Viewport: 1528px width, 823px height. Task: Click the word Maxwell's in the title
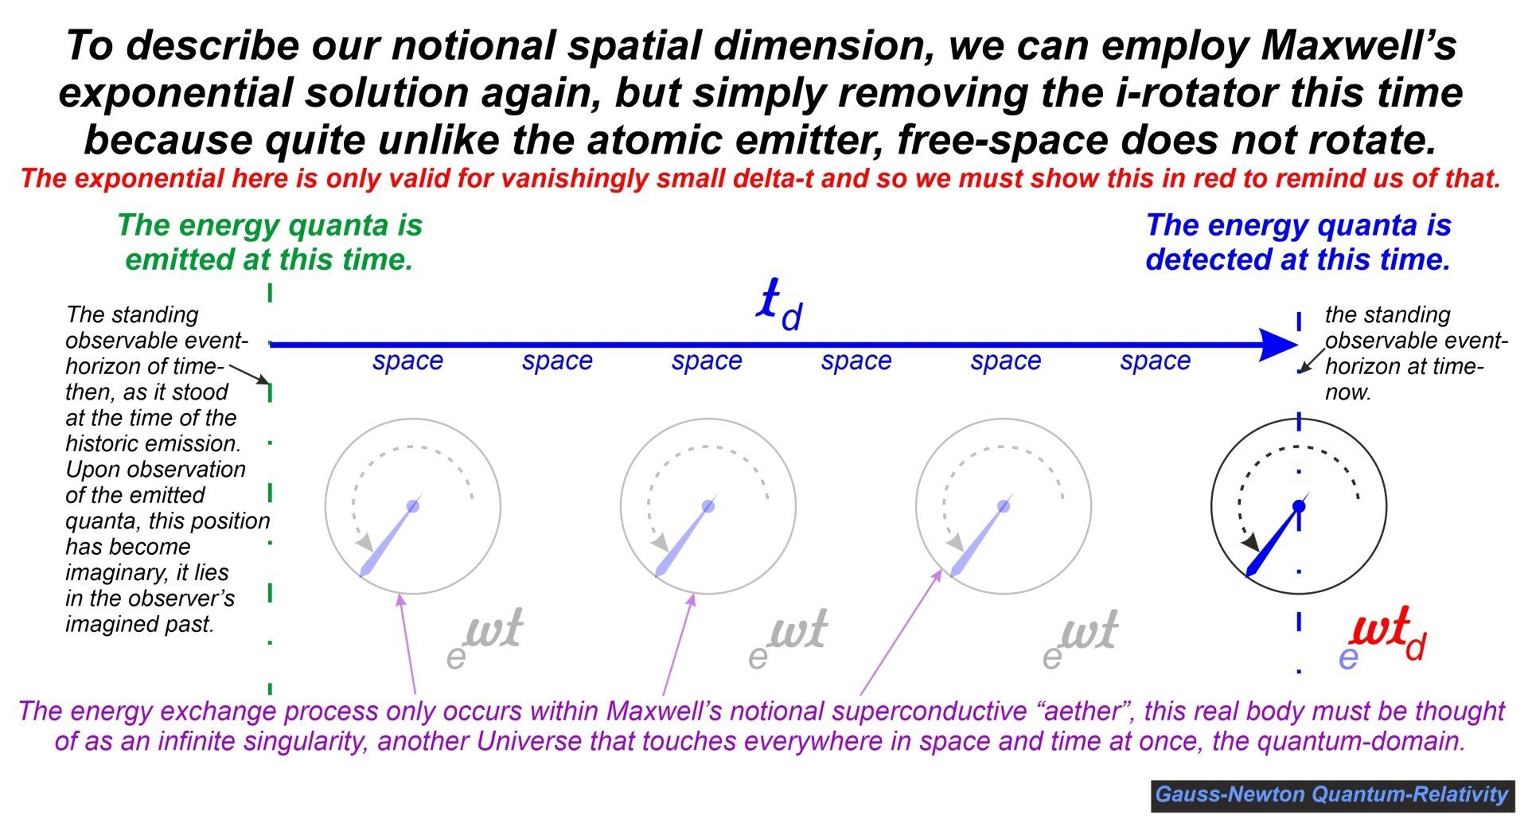(x=1358, y=45)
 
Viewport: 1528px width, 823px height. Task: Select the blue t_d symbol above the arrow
(x=780, y=305)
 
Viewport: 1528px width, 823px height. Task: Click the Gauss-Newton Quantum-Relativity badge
(x=1332, y=794)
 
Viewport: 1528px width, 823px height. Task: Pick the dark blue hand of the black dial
(x=1272, y=540)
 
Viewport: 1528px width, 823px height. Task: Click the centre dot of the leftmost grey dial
(x=412, y=506)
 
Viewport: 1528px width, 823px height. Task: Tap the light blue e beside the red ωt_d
(x=1348, y=658)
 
